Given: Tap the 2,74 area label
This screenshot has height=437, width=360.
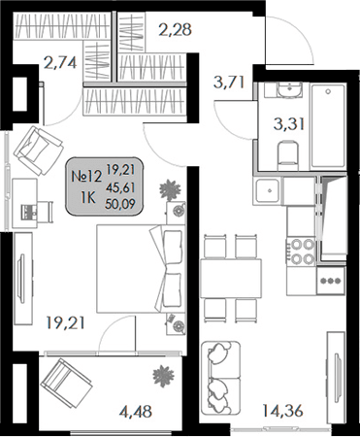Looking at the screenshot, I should pos(61,66).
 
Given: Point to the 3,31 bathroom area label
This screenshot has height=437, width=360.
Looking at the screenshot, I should pos(288,122).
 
